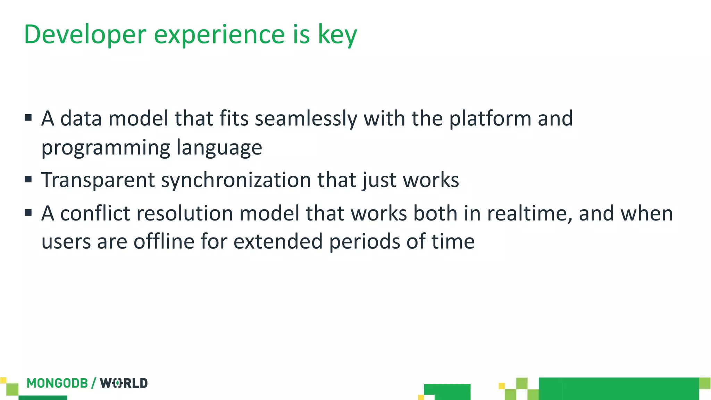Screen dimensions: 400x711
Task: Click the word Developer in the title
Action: [x=85, y=35]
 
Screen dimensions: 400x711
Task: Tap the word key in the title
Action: [x=337, y=35]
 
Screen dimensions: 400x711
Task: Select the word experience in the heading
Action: [x=219, y=35]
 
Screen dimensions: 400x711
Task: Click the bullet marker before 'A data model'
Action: [x=28, y=118]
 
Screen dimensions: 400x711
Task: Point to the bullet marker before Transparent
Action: [x=28, y=180]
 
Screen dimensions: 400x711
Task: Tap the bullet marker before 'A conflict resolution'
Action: [x=28, y=212]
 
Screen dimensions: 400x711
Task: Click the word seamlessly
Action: [x=306, y=119]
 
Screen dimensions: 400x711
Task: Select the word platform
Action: [x=490, y=119]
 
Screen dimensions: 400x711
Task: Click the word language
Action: [x=219, y=148]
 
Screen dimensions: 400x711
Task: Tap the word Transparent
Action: [x=98, y=180]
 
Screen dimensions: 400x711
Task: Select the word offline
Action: [x=164, y=241]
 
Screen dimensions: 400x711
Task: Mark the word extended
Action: [x=278, y=241]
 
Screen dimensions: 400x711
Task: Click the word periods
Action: [x=365, y=241]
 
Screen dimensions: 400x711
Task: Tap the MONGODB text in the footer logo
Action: [x=57, y=383]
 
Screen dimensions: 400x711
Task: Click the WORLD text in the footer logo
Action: [x=124, y=383]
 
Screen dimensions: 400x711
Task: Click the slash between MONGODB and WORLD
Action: [x=94, y=383]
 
